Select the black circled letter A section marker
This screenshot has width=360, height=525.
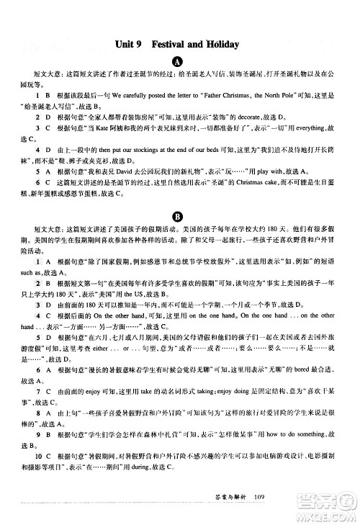(180, 63)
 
